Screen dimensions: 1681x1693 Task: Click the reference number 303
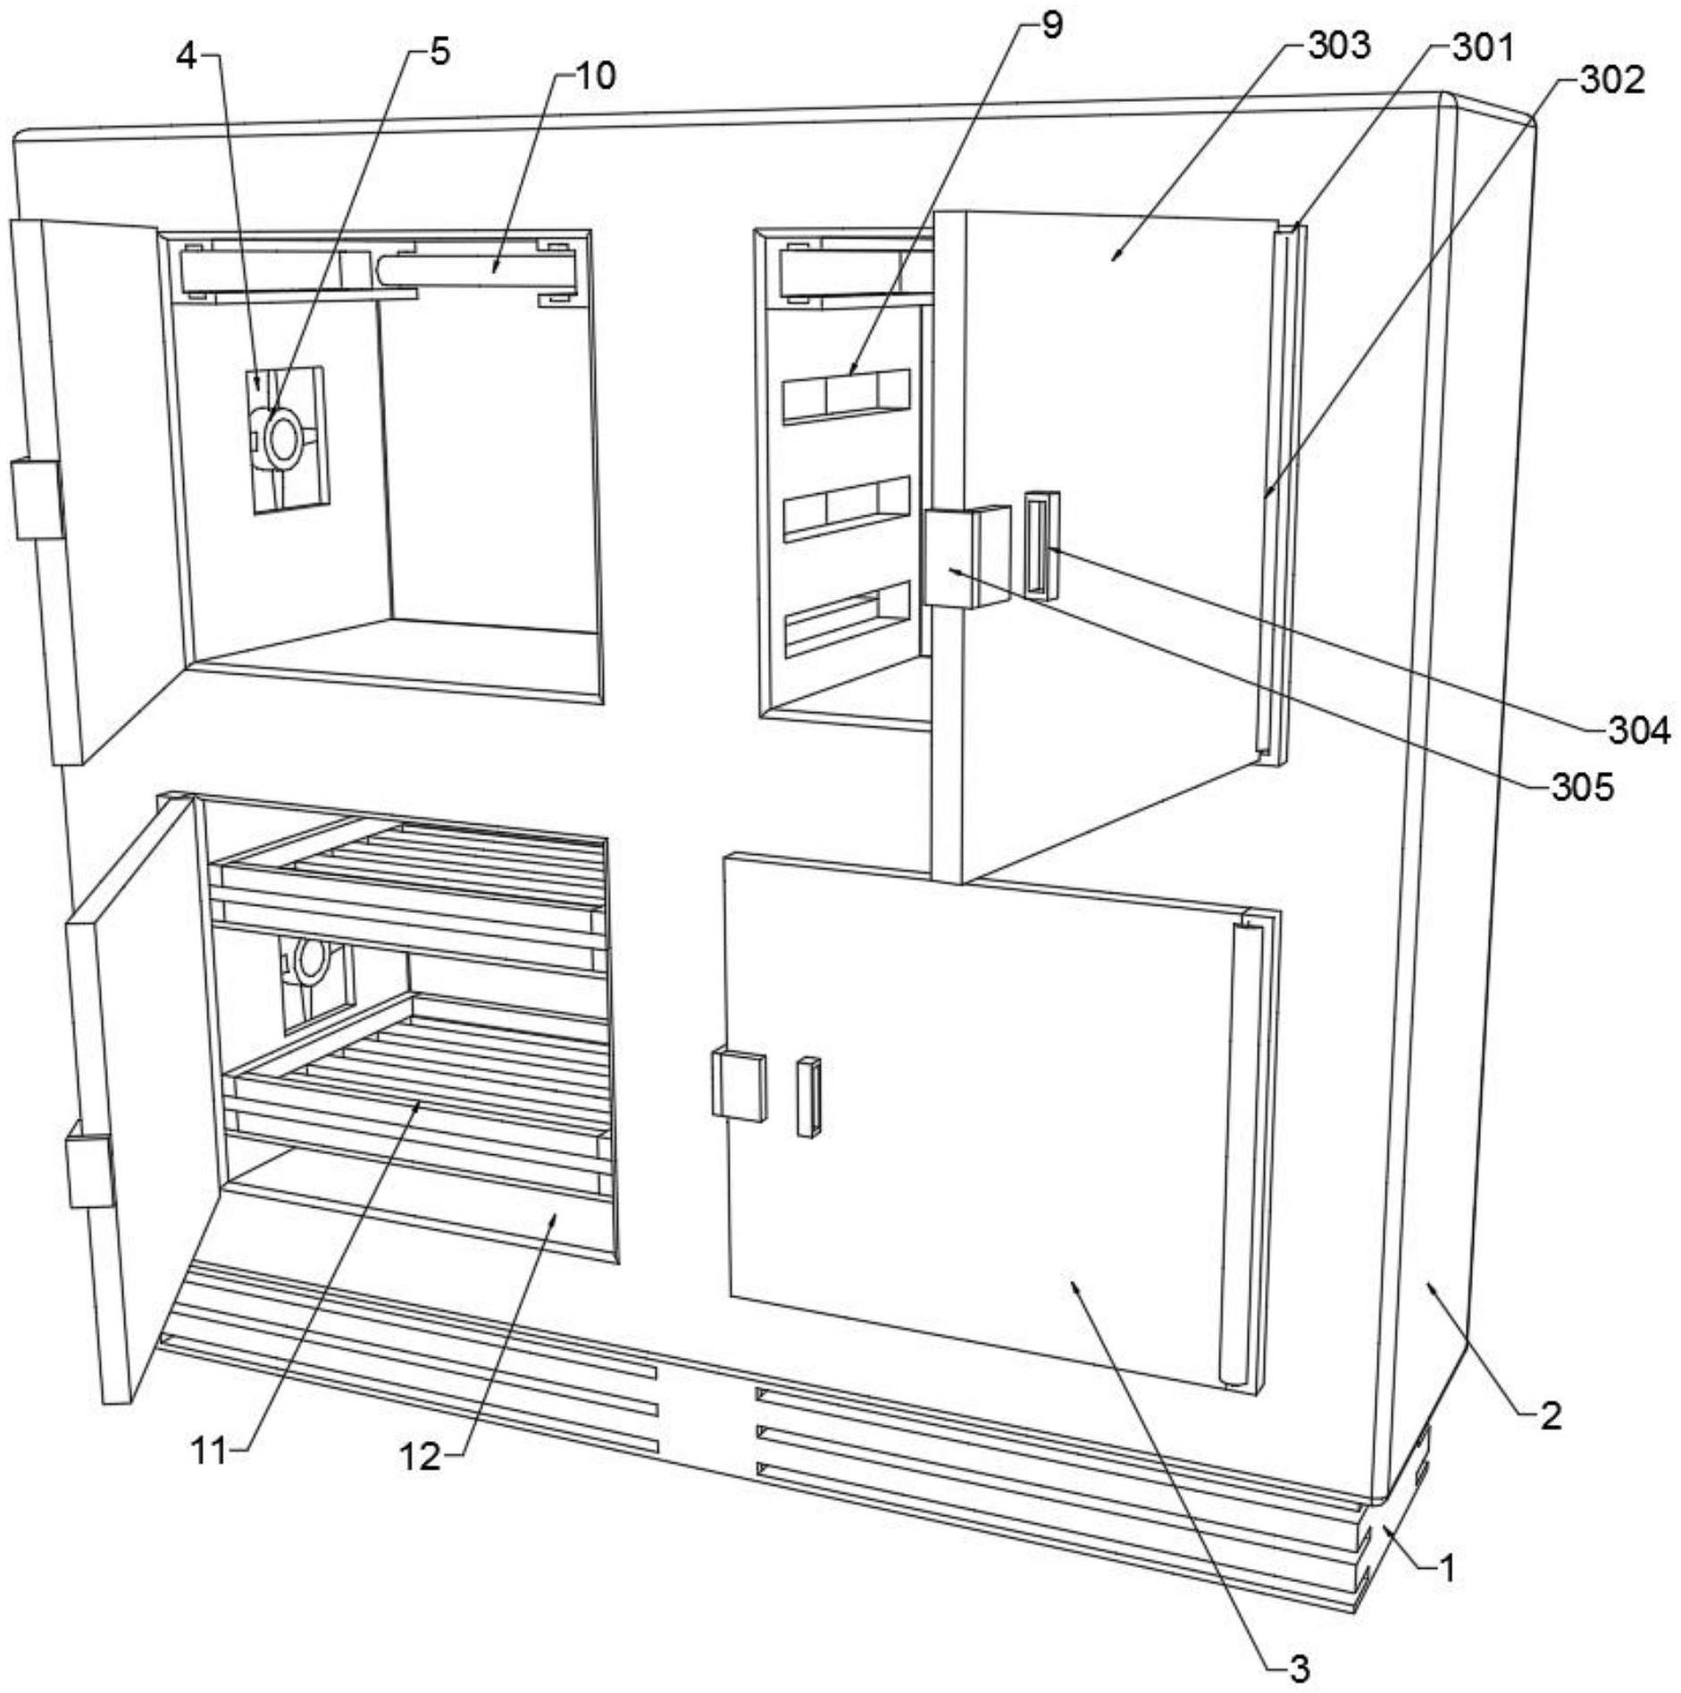pos(1338,45)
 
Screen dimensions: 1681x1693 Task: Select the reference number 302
pos(1611,80)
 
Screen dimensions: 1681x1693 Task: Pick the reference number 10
pos(595,76)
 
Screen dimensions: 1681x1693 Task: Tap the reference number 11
pos(211,1452)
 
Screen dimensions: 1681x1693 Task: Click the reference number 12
pos(421,1457)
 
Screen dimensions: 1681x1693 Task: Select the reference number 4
pos(186,55)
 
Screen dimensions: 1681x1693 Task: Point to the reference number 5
pos(439,52)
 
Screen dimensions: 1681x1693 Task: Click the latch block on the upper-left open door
pos(38,499)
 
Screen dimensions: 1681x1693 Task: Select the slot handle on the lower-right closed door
pos(809,1097)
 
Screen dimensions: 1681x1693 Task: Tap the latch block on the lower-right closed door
pos(740,1085)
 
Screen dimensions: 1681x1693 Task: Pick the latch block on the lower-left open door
pos(90,1164)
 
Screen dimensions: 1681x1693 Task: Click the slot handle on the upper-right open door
pos(1041,544)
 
